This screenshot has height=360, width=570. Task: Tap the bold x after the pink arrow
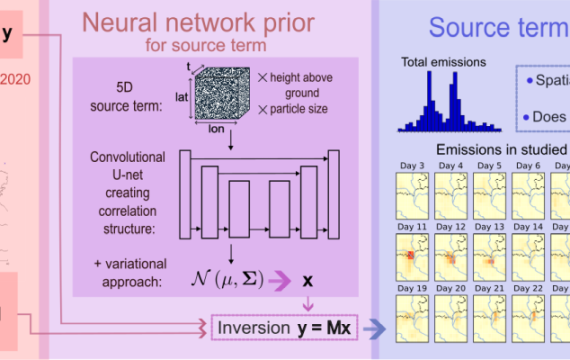tap(309, 275)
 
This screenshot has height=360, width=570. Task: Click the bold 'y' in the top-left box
tap(8, 34)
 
